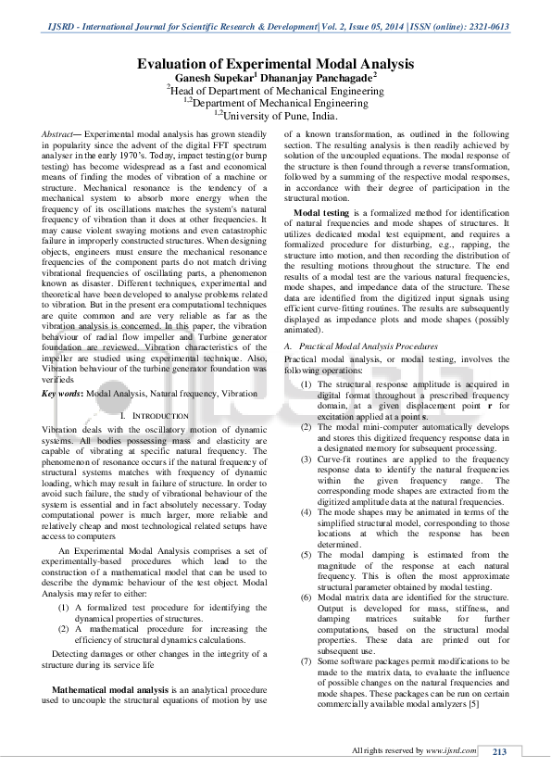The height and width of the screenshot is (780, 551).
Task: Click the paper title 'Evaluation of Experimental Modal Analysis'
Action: point(275,63)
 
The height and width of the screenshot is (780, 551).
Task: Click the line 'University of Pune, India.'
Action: point(277,117)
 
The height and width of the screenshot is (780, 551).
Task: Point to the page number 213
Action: point(498,751)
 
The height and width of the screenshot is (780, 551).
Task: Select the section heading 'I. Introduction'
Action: point(155,391)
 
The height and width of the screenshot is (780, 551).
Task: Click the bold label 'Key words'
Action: point(61,368)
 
